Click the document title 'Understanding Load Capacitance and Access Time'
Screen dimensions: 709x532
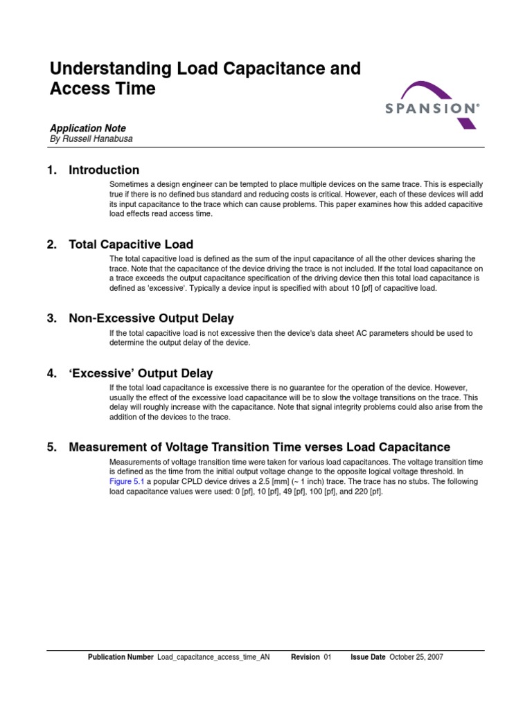coord(205,78)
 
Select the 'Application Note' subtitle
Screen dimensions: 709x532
coord(87,128)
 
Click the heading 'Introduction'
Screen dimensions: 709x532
coord(104,170)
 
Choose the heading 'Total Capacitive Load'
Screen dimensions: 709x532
coord(131,244)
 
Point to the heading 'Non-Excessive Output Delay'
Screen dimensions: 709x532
coord(151,318)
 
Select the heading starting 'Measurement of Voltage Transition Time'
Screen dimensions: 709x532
coord(259,447)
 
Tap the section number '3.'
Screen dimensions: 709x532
coord(52,318)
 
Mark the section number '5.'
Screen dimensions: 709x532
coord(52,447)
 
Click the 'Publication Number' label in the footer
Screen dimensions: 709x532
coord(121,657)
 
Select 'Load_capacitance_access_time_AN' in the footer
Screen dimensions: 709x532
coord(213,657)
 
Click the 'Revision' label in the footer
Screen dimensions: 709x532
coord(305,657)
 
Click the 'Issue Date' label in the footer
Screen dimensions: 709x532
coord(368,657)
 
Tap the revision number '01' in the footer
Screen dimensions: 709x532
coord(328,657)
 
